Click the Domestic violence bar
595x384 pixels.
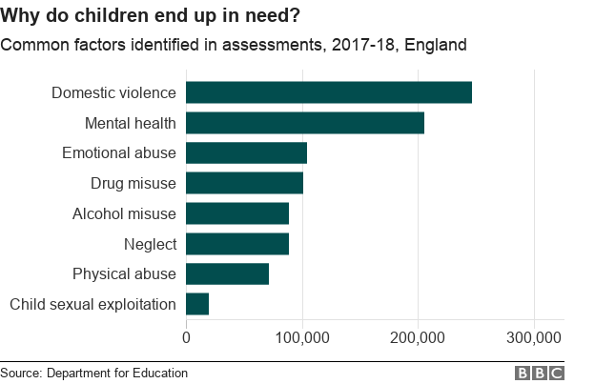coord(329,92)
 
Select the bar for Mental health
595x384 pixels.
coord(305,123)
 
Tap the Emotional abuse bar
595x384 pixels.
coord(246,152)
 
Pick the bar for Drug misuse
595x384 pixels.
coord(244,183)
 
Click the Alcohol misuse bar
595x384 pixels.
coord(237,213)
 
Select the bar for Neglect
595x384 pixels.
coord(237,244)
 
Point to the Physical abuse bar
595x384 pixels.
coord(227,274)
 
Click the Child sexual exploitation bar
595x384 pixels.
coord(197,304)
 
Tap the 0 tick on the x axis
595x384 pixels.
coord(186,337)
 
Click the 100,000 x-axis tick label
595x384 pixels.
coord(302,337)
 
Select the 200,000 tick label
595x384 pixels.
coord(419,337)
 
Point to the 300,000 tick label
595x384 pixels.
coord(534,337)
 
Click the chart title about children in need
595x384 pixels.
coord(153,16)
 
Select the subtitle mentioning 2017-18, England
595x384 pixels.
coord(234,45)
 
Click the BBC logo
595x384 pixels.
coord(540,373)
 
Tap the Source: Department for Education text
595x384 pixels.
coord(94,373)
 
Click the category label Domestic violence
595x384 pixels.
coord(113,92)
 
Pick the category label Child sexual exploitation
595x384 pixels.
coord(92,304)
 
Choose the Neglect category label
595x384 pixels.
coord(150,244)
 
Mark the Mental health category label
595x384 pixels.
coord(131,123)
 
